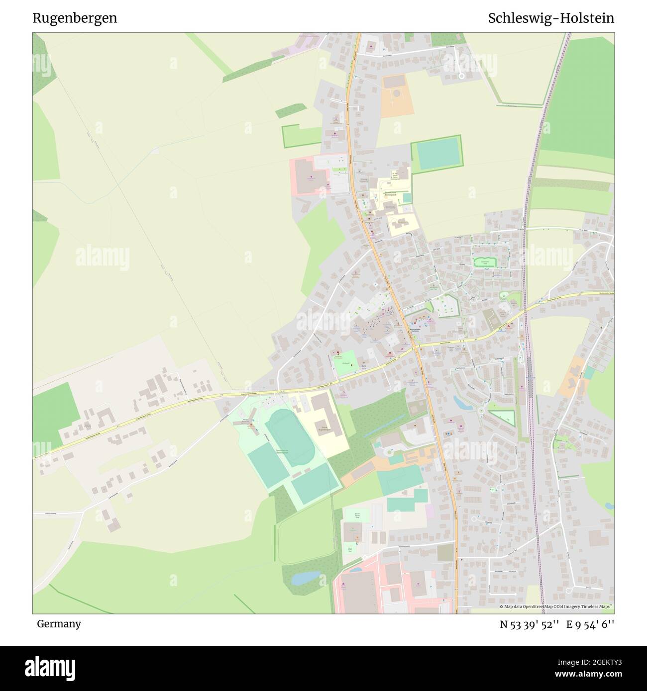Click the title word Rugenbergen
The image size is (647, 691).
tap(75, 18)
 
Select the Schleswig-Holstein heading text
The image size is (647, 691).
tap(551, 18)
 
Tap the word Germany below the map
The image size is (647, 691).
tap(59, 624)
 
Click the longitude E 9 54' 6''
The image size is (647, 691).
tap(590, 624)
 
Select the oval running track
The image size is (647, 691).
tap(289, 437)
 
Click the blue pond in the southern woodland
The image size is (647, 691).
tap(305, 577)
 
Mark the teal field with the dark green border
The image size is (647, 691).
tap(436, 154)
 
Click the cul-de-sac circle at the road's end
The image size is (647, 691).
tap(461, 76)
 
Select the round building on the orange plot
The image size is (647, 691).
tap(397, 93)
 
